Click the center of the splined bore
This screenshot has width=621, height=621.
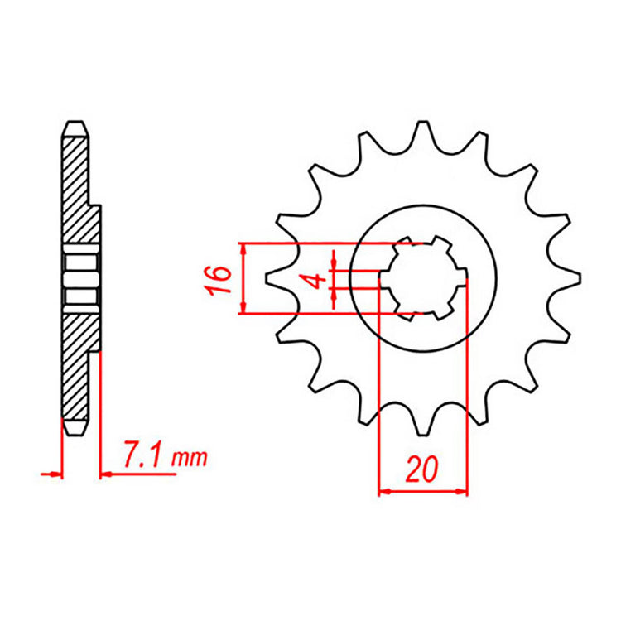click(422, 279)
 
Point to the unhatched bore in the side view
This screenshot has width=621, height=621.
click(80, 280)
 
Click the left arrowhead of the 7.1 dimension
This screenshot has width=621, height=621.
click(57, 474)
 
